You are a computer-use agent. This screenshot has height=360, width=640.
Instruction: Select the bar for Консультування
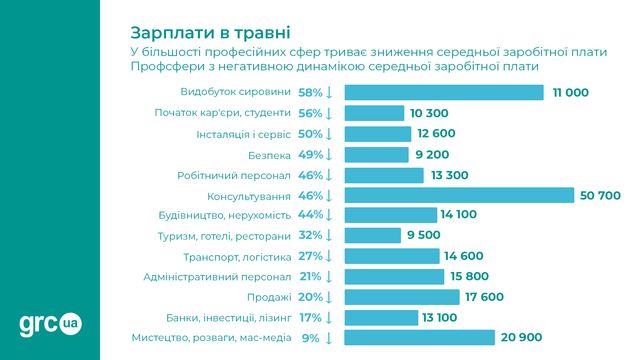point(459,195)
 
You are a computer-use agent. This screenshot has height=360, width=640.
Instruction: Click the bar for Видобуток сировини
point(444,92)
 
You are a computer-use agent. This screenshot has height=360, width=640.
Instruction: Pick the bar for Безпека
point(378,154)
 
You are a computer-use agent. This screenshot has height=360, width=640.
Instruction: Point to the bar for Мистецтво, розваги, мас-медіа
point(419,338)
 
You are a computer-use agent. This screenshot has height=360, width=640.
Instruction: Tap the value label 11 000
point(570,92)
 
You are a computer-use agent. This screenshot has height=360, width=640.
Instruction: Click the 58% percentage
point(309,92)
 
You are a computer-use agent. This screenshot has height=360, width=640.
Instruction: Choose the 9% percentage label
point(309,338)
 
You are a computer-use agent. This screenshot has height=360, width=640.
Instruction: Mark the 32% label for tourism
point(309,236)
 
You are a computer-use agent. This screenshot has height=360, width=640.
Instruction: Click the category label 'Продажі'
point(269,297)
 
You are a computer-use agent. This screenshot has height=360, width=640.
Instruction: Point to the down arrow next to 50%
point(328,133)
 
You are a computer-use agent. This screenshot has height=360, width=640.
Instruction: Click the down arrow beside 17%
point(328,317)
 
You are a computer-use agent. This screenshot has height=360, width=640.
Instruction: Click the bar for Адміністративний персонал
point(394,276)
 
